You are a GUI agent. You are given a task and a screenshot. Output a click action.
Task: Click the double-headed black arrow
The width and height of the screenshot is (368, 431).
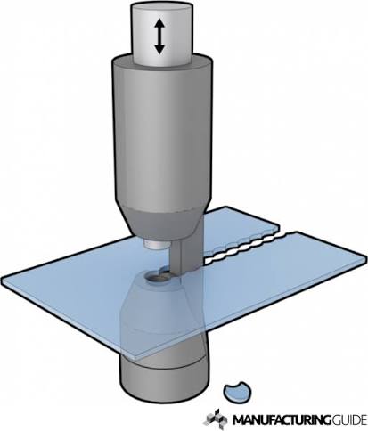tap(159, 37)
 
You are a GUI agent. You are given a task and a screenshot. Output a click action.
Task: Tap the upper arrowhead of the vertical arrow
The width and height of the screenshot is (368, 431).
tap(159, 23)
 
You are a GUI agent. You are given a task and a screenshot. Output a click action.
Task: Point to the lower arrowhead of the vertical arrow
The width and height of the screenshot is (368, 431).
tap(159, 49)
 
